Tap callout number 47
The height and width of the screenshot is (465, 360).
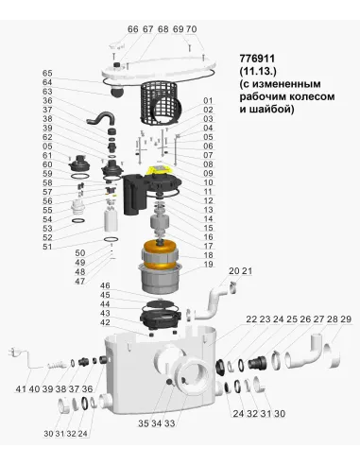(x=106, y=282)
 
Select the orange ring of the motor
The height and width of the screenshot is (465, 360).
(x=163, y=256)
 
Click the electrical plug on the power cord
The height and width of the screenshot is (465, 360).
(x=18, y=357)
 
